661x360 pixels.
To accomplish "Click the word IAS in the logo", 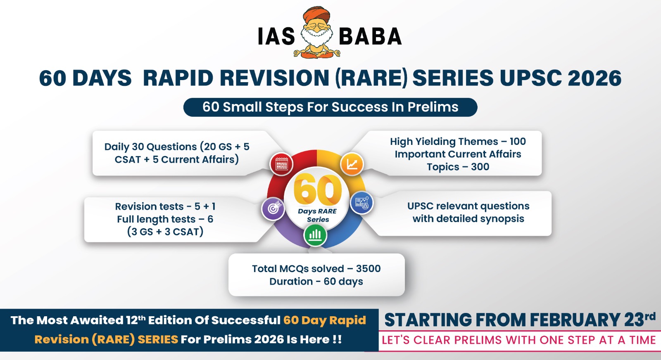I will pos(276,36).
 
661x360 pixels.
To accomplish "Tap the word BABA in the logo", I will pos(370,36).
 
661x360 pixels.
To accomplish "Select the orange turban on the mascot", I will pos(316,15).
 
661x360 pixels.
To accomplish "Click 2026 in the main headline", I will pos(594,78).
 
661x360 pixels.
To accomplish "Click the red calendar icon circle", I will pos(281,164).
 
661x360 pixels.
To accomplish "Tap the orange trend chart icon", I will pos(352,164).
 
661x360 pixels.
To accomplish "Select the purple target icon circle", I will pos(273,208).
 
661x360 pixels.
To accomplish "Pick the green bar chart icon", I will pos(315,235).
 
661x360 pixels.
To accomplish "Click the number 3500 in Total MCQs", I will pos(368,269).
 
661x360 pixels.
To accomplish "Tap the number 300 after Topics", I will pos(480,167).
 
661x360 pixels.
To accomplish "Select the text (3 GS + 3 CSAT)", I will pos(165,232).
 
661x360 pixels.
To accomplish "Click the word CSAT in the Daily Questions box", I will pos(128,159).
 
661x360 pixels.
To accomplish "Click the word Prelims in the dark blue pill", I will pos(433,107).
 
